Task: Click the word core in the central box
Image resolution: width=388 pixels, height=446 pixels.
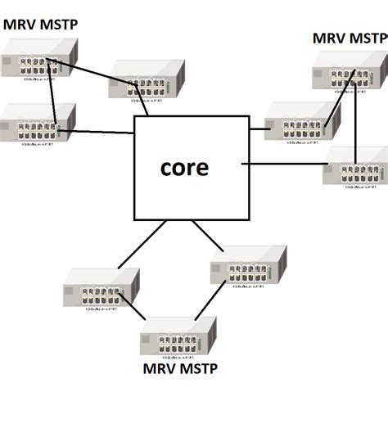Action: pos(184,167)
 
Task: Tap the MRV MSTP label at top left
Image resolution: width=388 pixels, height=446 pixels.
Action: pos(40,25)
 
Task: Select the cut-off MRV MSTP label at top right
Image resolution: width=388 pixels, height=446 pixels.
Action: pos(350,38)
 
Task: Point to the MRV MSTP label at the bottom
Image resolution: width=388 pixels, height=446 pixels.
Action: pos(180,368)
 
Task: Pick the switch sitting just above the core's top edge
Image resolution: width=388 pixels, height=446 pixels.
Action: pos(147,80)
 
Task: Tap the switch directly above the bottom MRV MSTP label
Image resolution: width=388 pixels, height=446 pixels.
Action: pos(178,338)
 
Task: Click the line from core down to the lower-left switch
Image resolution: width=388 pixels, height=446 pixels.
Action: pos(142,244)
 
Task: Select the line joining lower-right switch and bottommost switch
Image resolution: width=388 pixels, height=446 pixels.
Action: pos(210,300)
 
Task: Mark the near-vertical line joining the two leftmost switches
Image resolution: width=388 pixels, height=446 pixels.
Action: pos(53,94)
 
